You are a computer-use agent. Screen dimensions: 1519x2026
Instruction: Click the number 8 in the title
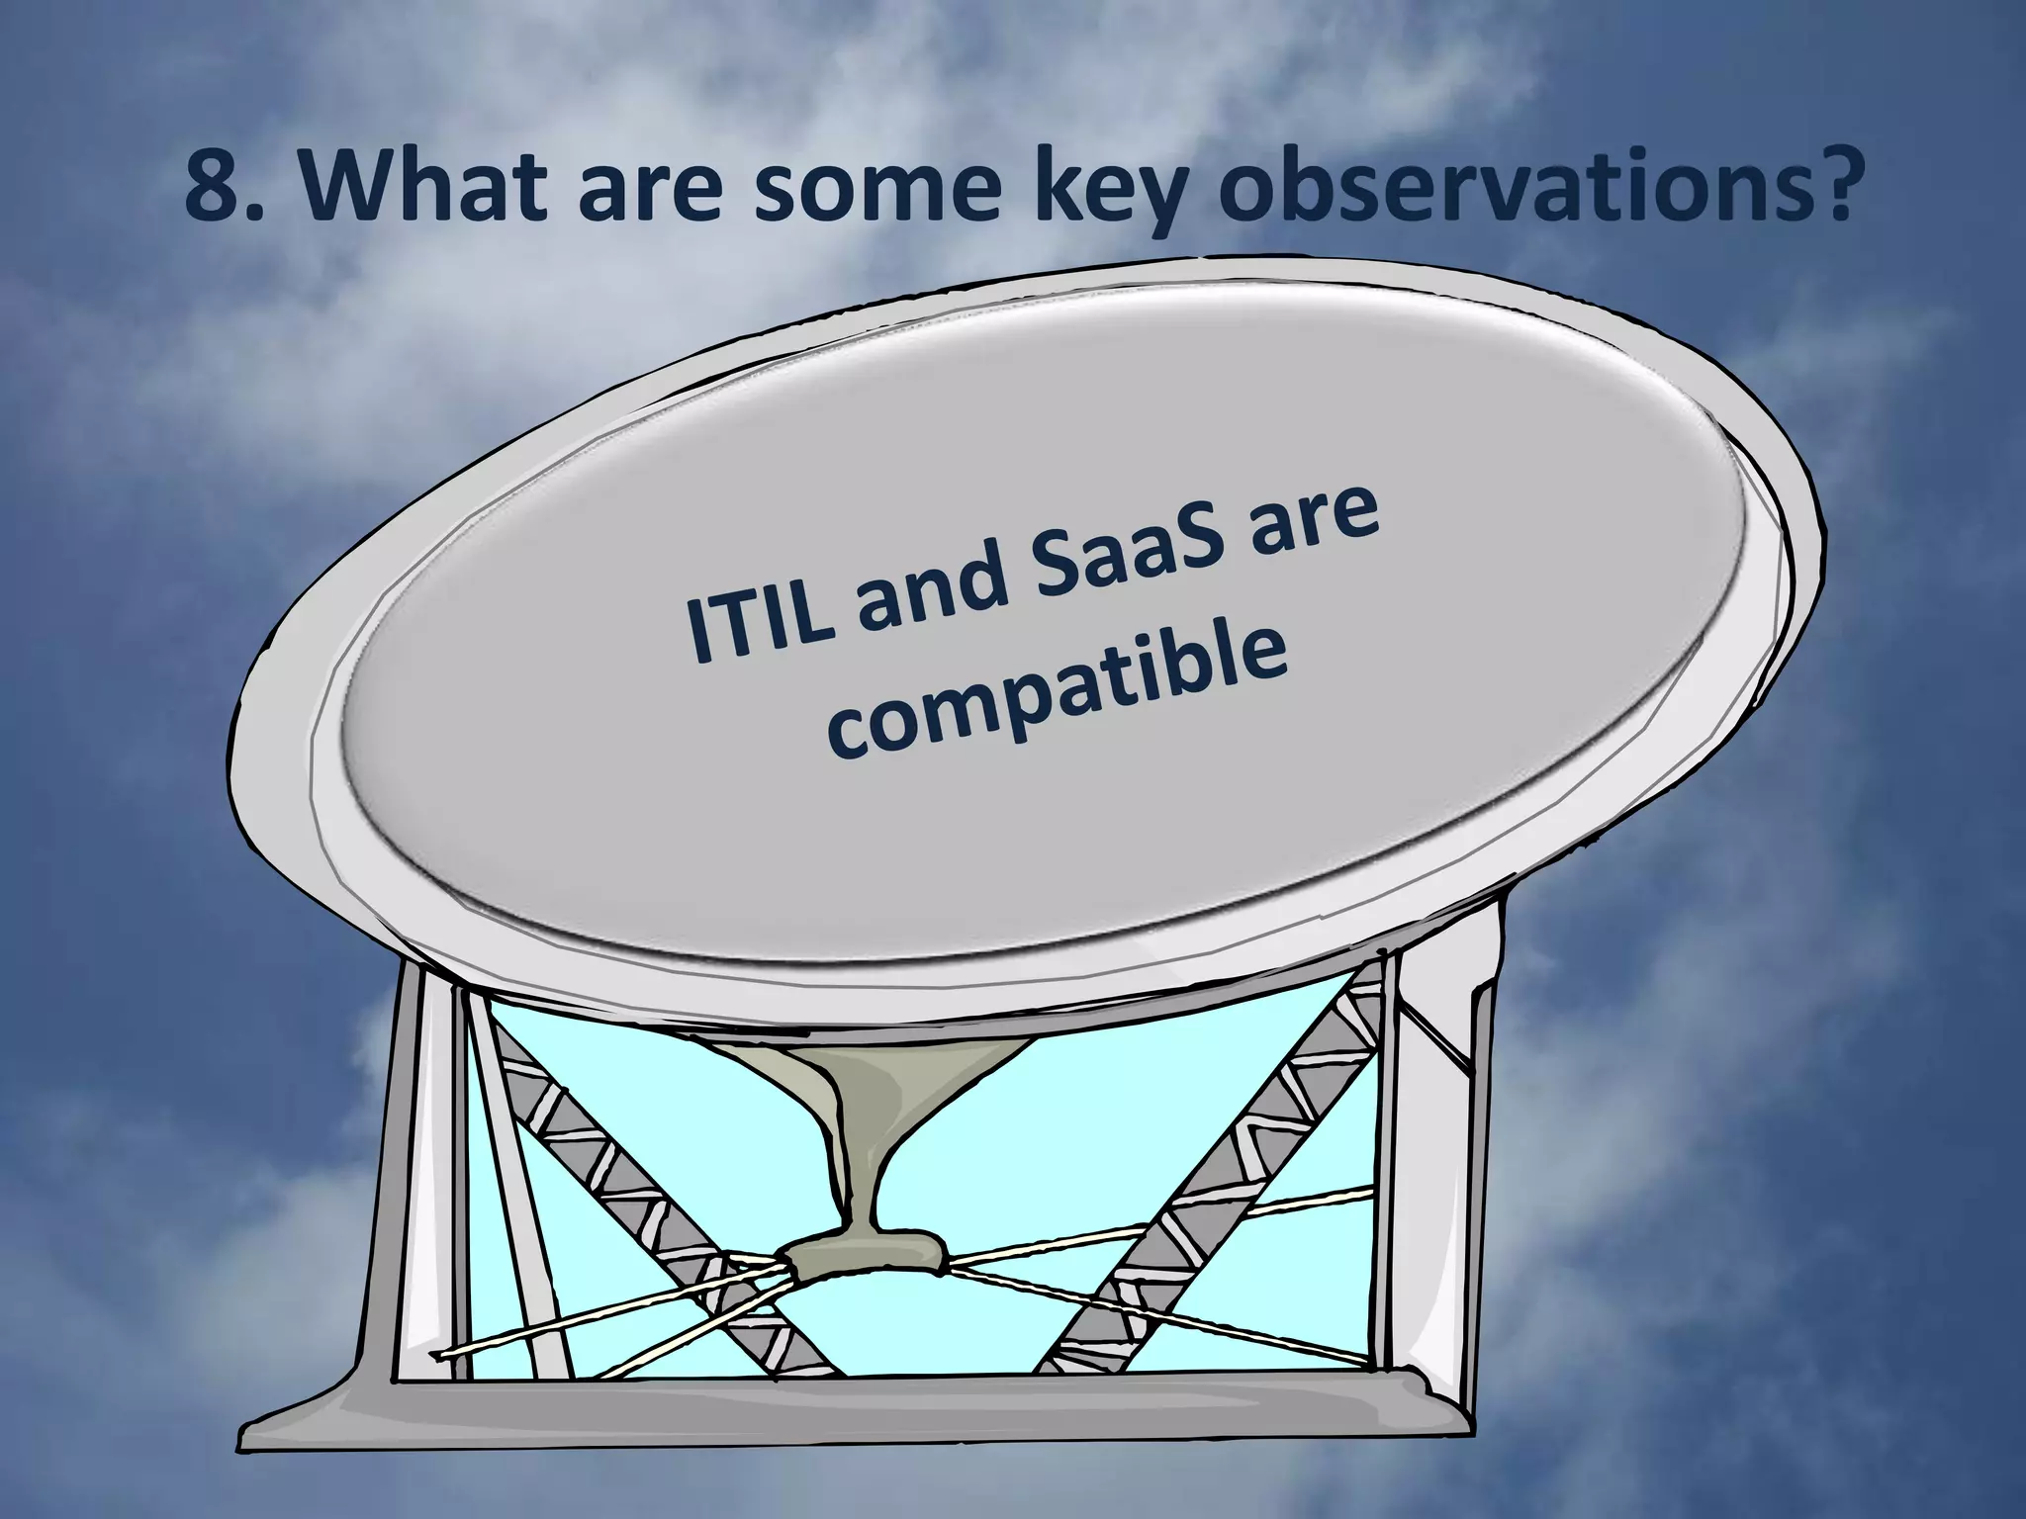(210, 188)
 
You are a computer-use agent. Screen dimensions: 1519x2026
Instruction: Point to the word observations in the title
(1523, 188)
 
